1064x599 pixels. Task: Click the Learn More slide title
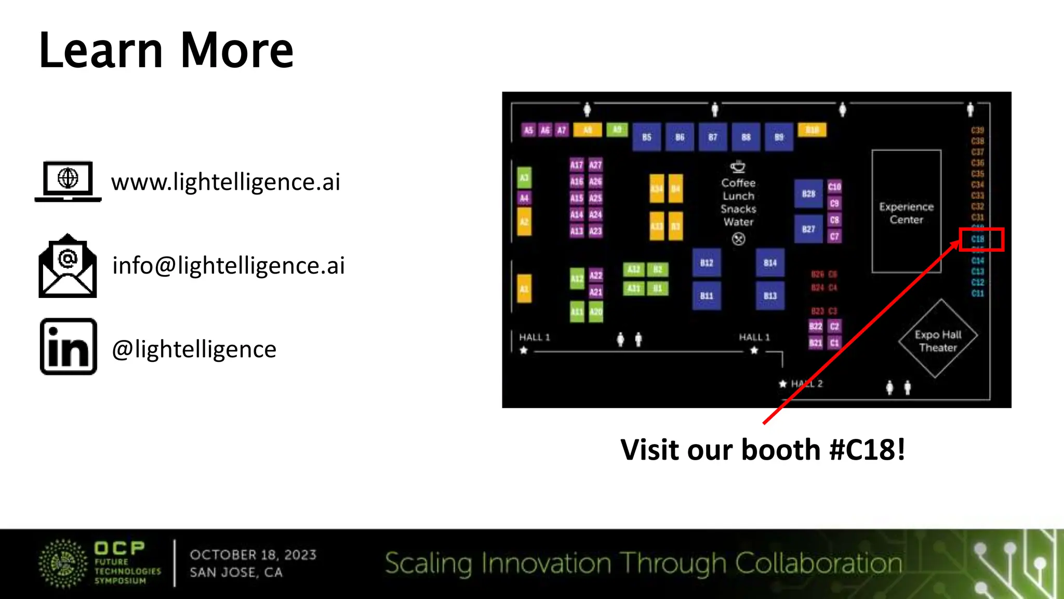[x=166, y=50]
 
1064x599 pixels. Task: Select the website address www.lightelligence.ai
[x=225, y=182]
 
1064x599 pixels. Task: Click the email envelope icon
[x=68, y=266]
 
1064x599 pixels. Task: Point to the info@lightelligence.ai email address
[x=229, y=266]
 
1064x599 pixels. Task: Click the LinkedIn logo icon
[x=69, y=347]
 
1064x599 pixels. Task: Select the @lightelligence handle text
[x=194, y=349]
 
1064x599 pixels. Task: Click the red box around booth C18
[x=981, y=239]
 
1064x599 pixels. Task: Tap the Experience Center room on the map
[x=906, y=212]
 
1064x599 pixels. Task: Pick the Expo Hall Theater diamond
[x=938, y=340]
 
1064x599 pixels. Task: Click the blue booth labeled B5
[x=646, y=137]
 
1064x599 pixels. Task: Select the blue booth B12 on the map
[x=707, y=263]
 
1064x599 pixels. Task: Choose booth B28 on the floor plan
[x=808, y=194]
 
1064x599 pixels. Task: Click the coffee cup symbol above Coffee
[x=738, y=166]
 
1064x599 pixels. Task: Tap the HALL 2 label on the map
[x=806, y=384]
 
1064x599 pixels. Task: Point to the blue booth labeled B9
[x=779, y=137]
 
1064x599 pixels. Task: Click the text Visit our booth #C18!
[x=763, y=450]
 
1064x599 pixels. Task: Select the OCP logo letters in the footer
[x=119, y=548]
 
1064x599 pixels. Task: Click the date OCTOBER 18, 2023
[x=253, y=555]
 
